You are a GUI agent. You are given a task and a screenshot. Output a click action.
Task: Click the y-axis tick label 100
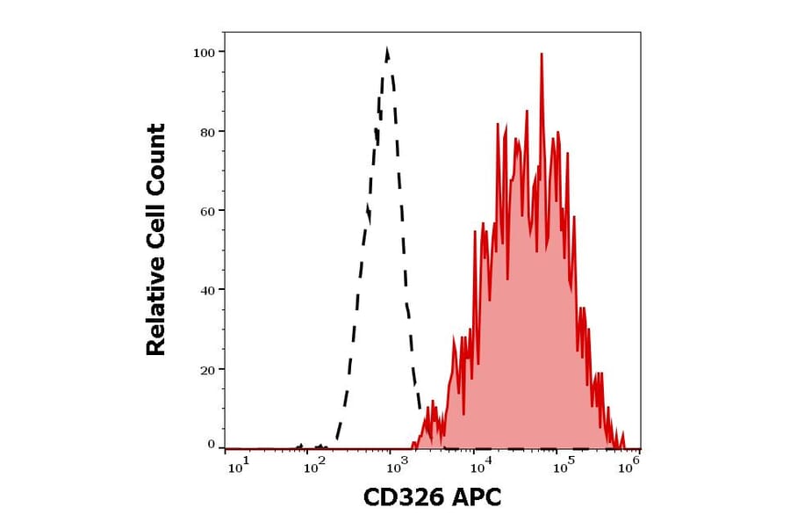pyautogui.click(x=204, y=52)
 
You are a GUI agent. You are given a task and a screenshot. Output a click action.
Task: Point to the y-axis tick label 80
pyautogui.click(x=208, y=132)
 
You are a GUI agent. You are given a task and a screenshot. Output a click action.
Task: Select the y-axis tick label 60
pyautogui.click(x=208, y=211)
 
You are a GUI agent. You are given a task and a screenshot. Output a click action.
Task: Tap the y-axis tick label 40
pyautogui.click(x=208, y=290)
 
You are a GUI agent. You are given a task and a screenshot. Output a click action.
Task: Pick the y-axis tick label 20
pyautogui.click(x=208, y=369)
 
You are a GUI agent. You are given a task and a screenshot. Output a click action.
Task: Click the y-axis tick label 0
pyautogui.click(x=212, y=445)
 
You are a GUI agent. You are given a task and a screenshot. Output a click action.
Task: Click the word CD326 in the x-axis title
pyautogui.click(x=401, y=497)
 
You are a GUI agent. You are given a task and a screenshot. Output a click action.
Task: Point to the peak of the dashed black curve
pyautogui.click(x=387, y=50)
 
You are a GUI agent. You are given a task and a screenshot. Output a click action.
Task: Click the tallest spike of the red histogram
pyautogui.click(x=542, y=54)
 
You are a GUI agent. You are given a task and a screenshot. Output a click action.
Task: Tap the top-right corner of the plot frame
pyautogui.click(x=641, y=33)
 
